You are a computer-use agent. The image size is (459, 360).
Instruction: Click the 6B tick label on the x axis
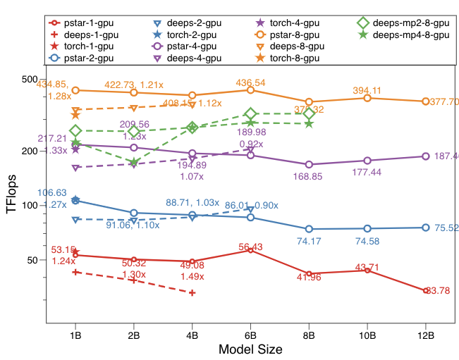point(250,335)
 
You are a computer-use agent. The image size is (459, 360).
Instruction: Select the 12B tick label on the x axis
point(424,335)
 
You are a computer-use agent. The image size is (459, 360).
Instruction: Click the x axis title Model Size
point(250,349)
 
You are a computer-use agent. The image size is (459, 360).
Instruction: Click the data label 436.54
point(250,82)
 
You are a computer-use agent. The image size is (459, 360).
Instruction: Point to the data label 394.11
point(367,90)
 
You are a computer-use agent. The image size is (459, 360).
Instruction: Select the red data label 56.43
point(251,247)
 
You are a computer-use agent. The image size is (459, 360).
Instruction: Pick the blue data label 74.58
point(367,241)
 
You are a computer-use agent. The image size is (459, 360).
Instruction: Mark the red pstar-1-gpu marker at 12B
point(425,290)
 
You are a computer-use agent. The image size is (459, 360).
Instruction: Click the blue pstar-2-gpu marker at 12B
point(425,228)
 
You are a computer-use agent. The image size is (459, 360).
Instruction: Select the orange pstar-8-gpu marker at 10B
point(367,98)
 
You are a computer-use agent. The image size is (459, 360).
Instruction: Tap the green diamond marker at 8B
point(309,114)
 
